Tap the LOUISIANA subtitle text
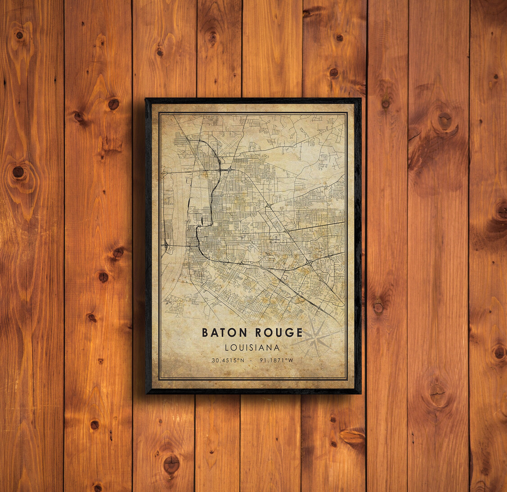click(x=252, y=347)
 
